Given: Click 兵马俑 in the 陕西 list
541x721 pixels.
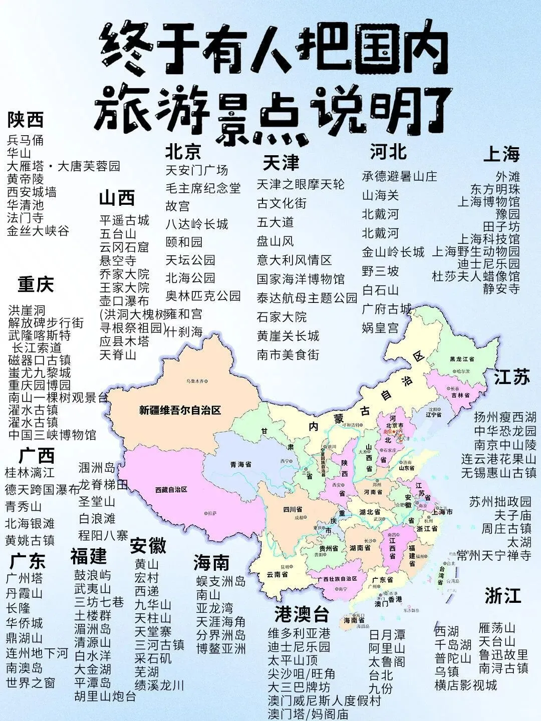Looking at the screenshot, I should point(26,140).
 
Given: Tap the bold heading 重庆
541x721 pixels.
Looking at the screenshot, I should point(36,284).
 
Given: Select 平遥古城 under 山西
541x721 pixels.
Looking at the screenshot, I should point(124,220).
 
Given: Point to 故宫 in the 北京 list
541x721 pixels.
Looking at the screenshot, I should point(178,206).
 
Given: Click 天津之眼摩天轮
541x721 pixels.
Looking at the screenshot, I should point(301,184).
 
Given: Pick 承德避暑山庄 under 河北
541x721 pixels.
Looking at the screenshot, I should point(399,176).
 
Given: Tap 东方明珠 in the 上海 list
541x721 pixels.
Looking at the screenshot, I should point(495,189).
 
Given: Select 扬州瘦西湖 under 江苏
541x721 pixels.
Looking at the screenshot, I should point(505,417).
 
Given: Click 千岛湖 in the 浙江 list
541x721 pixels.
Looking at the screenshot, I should point(453,644).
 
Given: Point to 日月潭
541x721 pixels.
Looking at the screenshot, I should point(387,635).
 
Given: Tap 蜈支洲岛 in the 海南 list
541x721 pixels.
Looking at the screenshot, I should point(221,581).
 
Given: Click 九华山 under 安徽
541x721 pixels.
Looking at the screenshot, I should point(153,604).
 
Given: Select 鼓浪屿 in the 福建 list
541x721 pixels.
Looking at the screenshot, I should point(93,575).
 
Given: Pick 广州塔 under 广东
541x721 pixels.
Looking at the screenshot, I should point(25,578).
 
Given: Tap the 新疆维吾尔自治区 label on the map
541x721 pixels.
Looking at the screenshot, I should point(180,411).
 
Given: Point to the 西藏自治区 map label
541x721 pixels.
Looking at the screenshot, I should point(171,489).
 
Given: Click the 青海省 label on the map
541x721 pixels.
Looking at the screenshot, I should point(240,464).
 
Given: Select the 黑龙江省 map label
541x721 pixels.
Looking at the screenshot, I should point(462,359).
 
